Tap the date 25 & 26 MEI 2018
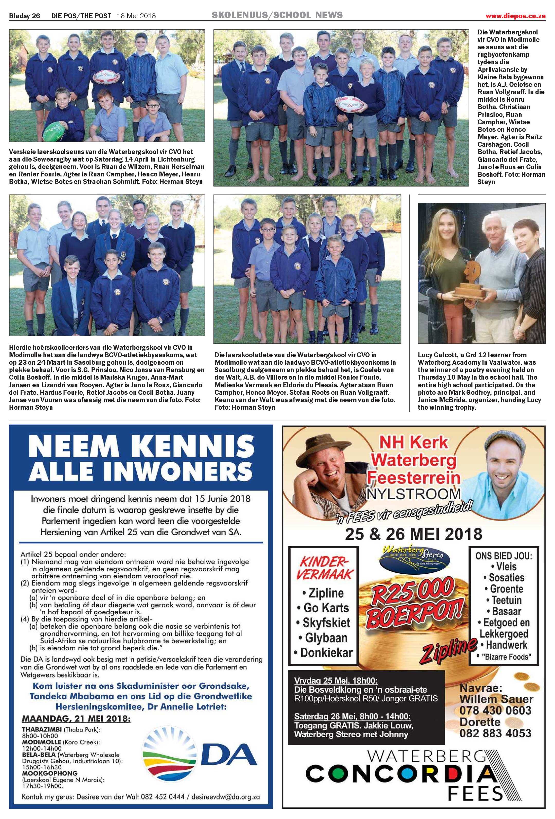tap(414, 534)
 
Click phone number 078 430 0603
tap(495, 710)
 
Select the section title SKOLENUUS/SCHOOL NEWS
tap(277, 15)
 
